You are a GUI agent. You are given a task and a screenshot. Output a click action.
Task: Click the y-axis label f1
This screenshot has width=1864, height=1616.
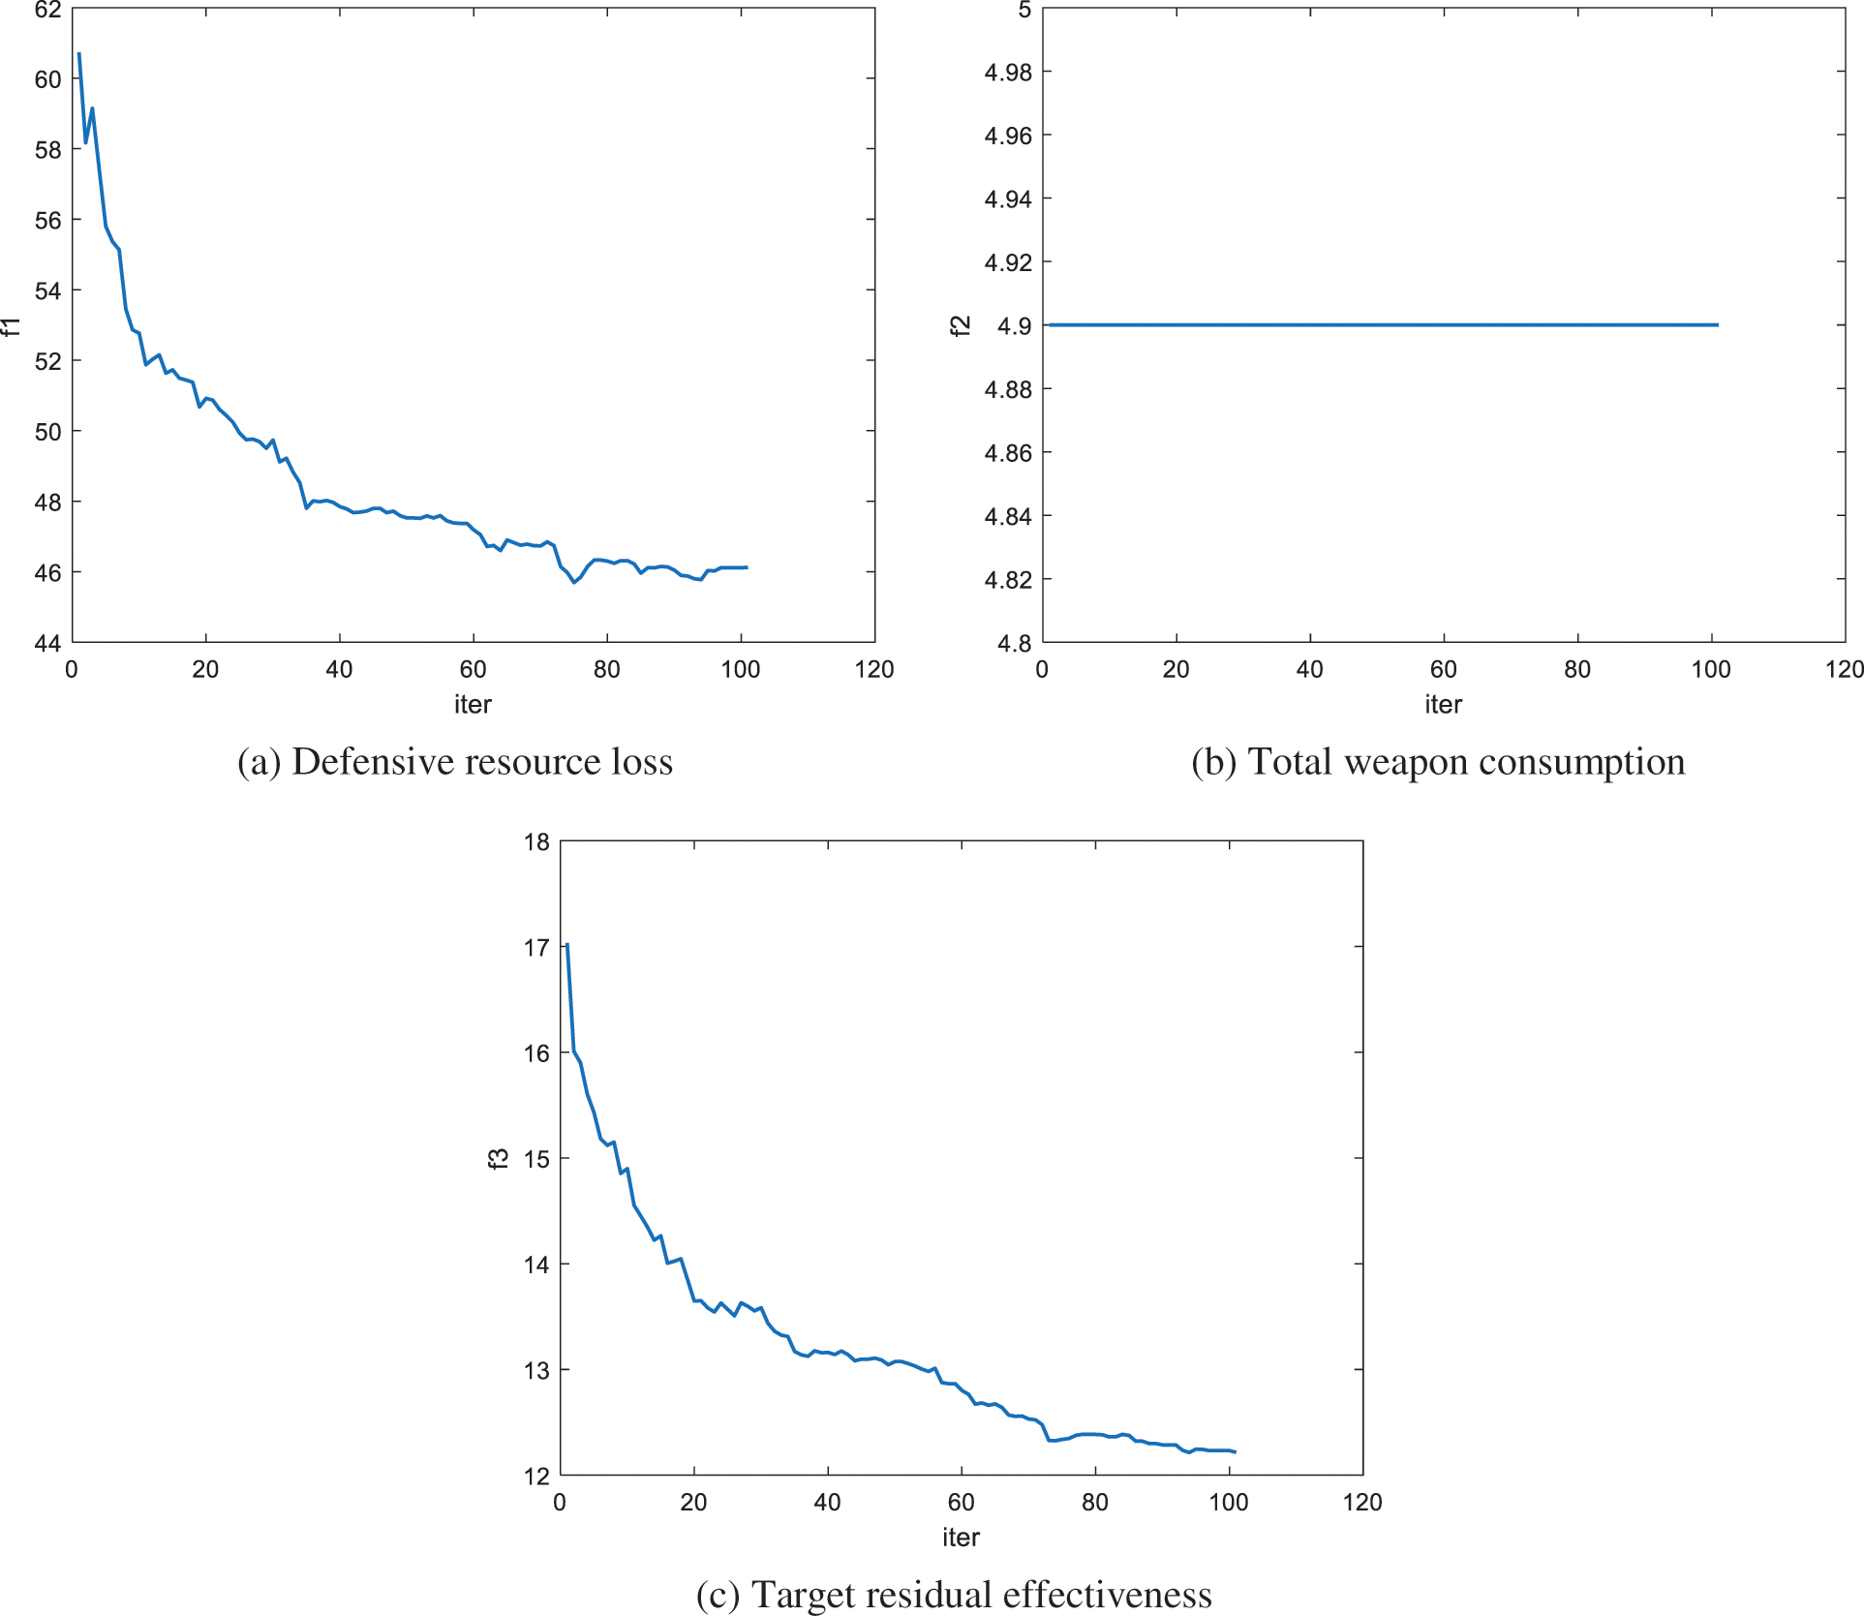tap(12, 326)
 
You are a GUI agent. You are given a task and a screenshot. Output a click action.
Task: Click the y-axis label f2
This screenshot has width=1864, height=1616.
tap(960, 326)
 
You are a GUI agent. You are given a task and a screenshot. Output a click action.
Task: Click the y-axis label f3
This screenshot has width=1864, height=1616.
tap(498, 1158)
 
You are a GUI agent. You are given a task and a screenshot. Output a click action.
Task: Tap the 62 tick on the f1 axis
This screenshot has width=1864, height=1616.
tap(47, 11)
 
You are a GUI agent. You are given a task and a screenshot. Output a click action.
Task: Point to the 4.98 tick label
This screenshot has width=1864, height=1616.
tap(1008, 73)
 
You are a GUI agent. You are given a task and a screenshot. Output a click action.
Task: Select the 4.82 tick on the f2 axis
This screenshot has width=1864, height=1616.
tap(1008, 580)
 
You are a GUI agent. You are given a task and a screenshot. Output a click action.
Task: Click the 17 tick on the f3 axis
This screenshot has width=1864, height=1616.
tap(536, 948)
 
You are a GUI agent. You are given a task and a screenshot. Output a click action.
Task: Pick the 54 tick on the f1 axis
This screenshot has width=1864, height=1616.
tap(47, 291)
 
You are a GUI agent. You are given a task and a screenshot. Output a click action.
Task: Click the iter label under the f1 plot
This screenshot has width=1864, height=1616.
tap(473, 704)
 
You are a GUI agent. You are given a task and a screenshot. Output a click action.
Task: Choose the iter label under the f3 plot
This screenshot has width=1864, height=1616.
tap(961, 1537)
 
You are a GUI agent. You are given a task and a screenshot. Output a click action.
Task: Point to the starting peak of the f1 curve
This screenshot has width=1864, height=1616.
tap(79, 54)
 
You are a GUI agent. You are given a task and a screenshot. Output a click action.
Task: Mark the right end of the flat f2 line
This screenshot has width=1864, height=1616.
tap(1718, 325)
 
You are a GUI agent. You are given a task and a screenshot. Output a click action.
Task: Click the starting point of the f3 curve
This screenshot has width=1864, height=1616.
tap(567, 944)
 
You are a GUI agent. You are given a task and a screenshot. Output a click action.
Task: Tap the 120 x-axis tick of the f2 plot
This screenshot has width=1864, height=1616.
tap(1844, 669)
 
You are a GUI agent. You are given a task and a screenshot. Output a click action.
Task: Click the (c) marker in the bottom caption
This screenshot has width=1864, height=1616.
tap(718, 1595)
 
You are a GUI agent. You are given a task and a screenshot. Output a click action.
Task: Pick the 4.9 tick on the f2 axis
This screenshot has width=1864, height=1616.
tap(1014, 326)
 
